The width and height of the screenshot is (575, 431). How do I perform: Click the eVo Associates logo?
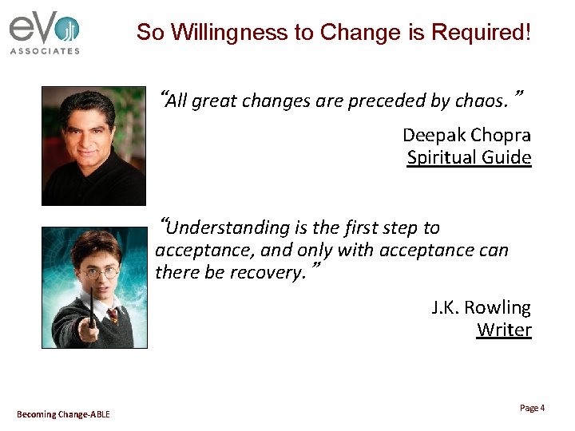[x=45, y=32]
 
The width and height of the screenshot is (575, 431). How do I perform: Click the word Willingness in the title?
[x=216, y=33]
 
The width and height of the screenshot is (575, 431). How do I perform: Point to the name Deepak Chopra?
[x=466, y=135]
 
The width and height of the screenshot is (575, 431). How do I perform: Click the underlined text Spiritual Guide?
[x=469, y=157]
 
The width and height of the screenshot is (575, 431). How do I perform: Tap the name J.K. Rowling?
[x=481, y=307]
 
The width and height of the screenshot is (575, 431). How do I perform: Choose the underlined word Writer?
[x=504, y=330]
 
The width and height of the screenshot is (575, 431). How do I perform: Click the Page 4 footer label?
[x=532, y=408]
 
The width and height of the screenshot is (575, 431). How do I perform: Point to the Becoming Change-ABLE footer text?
[x=63, y=413]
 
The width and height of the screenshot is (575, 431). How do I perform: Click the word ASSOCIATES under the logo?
[x=45, y=51]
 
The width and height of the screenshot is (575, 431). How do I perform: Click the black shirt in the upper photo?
[x=88, y=184]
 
